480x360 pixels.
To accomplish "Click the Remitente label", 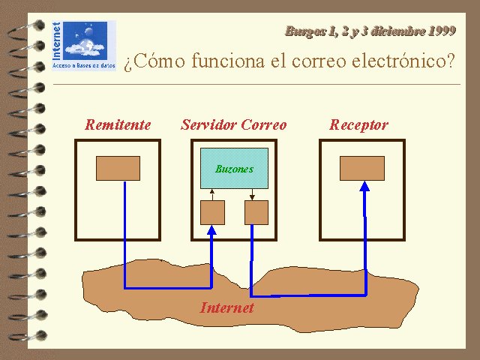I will (x=118, y=124).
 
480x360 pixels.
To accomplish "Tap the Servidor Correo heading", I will (x=233, y=124).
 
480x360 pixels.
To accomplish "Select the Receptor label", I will (x=358, y=124).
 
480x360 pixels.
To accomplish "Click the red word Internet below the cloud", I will (x=226, y=307).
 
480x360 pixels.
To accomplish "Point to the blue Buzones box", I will (x=234, y=169).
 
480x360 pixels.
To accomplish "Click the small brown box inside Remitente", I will (x=118, y=168).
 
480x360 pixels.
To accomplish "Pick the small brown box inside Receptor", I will (x=361, y=168).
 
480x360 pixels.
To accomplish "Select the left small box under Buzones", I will (x=212, y=213).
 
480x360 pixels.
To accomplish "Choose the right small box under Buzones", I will (x=256, y=213).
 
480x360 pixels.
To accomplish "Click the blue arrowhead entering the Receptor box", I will (x=366, y=188).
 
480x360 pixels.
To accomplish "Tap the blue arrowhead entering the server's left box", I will (x=212, y=230).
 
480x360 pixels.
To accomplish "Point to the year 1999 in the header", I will (x=440, y=31).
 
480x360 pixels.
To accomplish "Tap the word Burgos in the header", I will (x=304, y=31).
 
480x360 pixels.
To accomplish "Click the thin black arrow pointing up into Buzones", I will (x=212, y=194).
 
